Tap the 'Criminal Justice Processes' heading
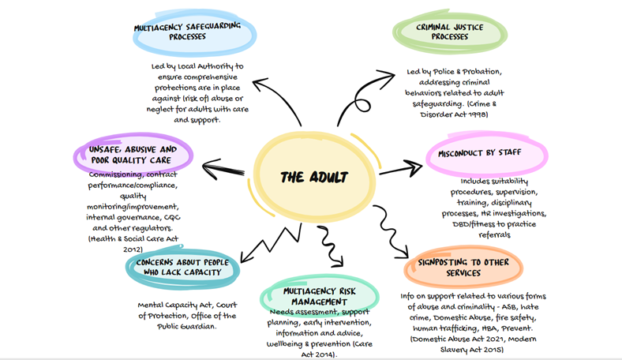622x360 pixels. tap(449, 32)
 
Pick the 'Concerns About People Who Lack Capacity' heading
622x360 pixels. tap(182, 268)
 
